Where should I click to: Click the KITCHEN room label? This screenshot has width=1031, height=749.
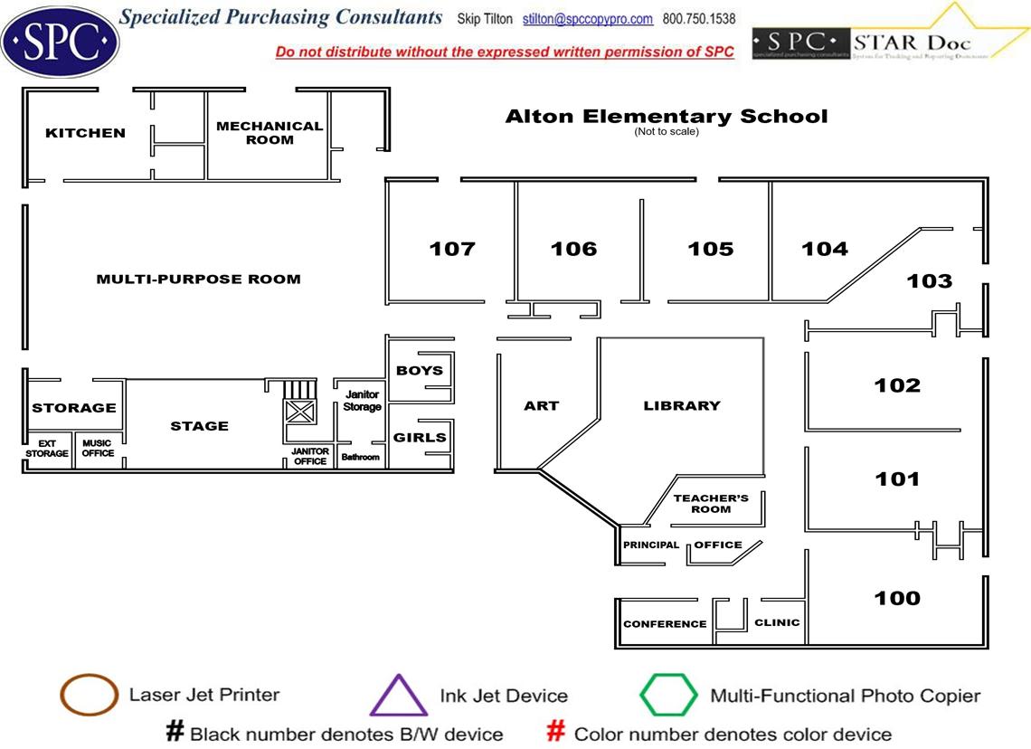click(85, 133)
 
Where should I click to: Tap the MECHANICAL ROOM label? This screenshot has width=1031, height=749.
click(270, 133)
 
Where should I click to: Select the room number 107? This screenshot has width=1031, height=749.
click(452, 249)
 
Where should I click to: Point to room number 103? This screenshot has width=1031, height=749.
click(930, 281)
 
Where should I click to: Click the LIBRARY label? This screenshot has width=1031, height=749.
click(682, 405)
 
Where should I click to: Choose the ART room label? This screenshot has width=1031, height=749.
click(542, 405)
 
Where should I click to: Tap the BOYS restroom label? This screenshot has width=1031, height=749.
click(420, 370)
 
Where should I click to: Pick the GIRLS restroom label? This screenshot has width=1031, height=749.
click(420, 438)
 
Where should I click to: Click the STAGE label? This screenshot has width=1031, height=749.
click(200, 426)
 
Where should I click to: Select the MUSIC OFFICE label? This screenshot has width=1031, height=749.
click(98, 448)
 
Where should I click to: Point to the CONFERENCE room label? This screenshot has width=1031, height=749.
click(665, 624)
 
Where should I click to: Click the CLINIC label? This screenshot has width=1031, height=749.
click(777, 622)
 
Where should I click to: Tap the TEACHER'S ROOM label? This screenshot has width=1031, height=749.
click(711, 504)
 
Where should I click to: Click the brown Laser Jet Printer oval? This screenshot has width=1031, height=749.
click(88, 696)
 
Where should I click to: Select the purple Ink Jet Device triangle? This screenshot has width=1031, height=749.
click(398, 697)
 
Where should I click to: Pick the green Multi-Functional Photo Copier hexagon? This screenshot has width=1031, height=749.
click(668, 696)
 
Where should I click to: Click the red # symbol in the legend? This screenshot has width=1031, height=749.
click(558, 732)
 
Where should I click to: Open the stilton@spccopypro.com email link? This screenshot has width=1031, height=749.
click(588, 19)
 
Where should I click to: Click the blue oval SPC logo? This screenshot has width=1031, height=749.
click(60, 41)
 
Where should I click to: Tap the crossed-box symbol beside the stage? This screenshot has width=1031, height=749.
click(299, 413)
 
